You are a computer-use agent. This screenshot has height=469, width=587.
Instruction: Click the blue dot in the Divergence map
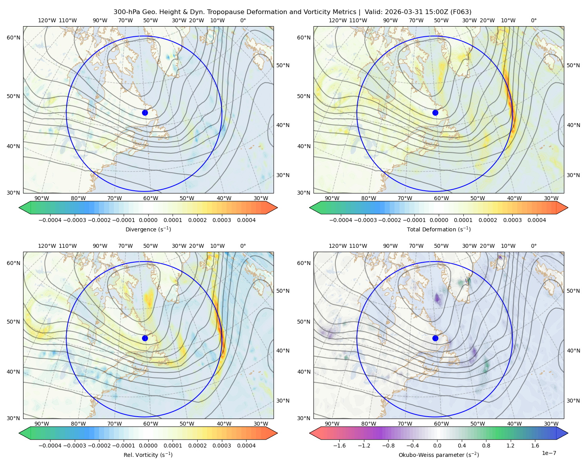pos(145,113)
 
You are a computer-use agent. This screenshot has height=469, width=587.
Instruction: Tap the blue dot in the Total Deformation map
pos(435,113)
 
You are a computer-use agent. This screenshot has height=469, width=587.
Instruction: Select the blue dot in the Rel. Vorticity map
pos(145,338)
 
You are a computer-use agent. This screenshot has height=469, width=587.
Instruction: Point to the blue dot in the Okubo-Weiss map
pos(435,338)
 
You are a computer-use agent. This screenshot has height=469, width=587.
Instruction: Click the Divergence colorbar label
pos(148,229)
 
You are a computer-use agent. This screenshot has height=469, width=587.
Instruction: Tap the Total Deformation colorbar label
pos(439,229)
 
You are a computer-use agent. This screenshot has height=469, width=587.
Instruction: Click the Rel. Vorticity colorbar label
pos(148,455)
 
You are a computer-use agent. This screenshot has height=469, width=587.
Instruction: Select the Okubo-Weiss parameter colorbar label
pos(439,455)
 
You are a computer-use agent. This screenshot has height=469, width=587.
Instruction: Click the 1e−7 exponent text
pos(549,453)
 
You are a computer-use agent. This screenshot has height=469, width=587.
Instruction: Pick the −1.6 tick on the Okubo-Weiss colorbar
pos(339,445)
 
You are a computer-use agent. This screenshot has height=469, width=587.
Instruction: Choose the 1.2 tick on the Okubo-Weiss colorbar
pos(510,445)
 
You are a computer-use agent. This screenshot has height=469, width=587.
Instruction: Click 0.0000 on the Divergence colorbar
pos(148,220)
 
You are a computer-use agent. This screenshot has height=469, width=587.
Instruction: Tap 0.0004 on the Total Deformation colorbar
pos(537,220)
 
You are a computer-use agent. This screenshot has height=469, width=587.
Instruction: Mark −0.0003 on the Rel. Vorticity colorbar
pos(74,445)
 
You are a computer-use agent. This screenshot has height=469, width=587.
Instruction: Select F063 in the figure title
pos(460,12)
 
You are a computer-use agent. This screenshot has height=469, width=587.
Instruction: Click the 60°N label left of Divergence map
pos(13,38)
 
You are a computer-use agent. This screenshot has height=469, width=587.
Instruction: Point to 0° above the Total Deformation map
pos(533,20)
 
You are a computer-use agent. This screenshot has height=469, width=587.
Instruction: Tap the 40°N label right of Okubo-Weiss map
pos(573,351)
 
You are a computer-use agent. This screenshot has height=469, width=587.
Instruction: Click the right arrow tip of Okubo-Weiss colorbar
pos(568,433)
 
